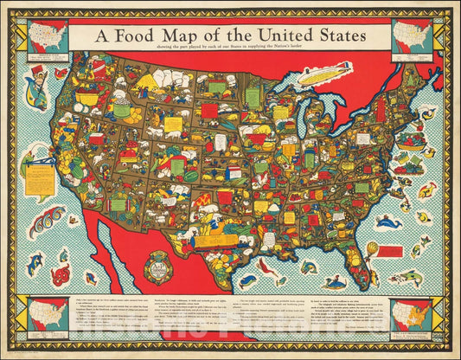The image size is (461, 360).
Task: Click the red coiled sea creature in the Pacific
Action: (x=60, y=275)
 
